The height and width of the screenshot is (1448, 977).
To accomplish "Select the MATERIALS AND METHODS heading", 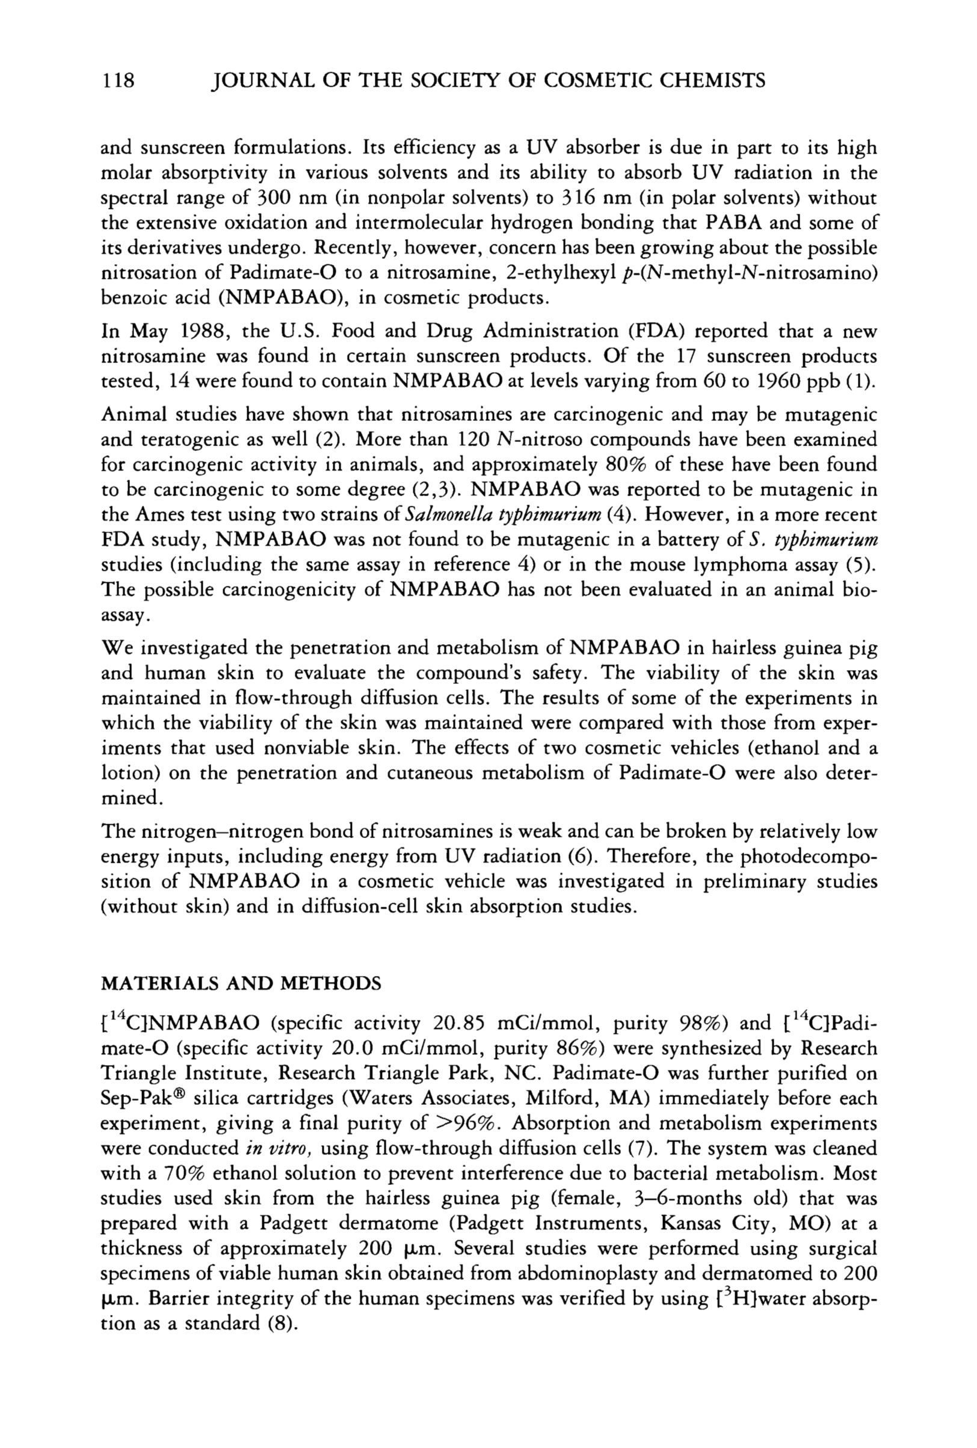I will [x=241, y=984].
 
